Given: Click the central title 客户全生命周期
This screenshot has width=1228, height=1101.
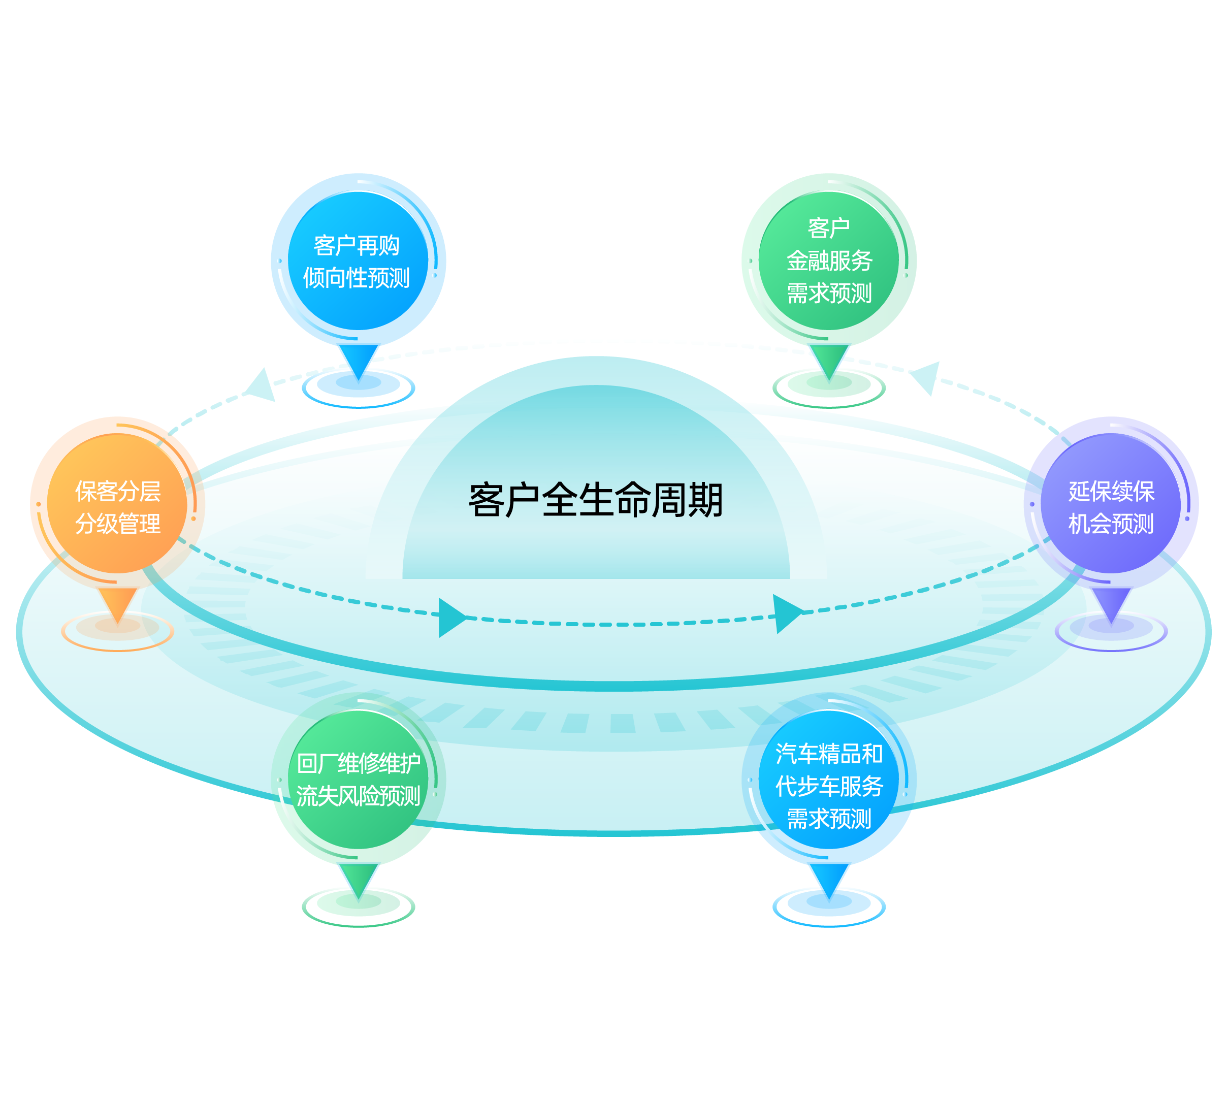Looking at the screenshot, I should tap(595, 500).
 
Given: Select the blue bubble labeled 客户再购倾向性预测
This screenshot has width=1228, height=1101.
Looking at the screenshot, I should tap(358, 262).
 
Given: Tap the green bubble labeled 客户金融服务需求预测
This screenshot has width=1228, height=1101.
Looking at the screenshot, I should tap(829, 262).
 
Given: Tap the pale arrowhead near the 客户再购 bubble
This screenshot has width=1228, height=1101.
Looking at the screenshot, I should tap(263, 385).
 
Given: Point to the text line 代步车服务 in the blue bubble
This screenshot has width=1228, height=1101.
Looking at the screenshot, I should tap(829, 786).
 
